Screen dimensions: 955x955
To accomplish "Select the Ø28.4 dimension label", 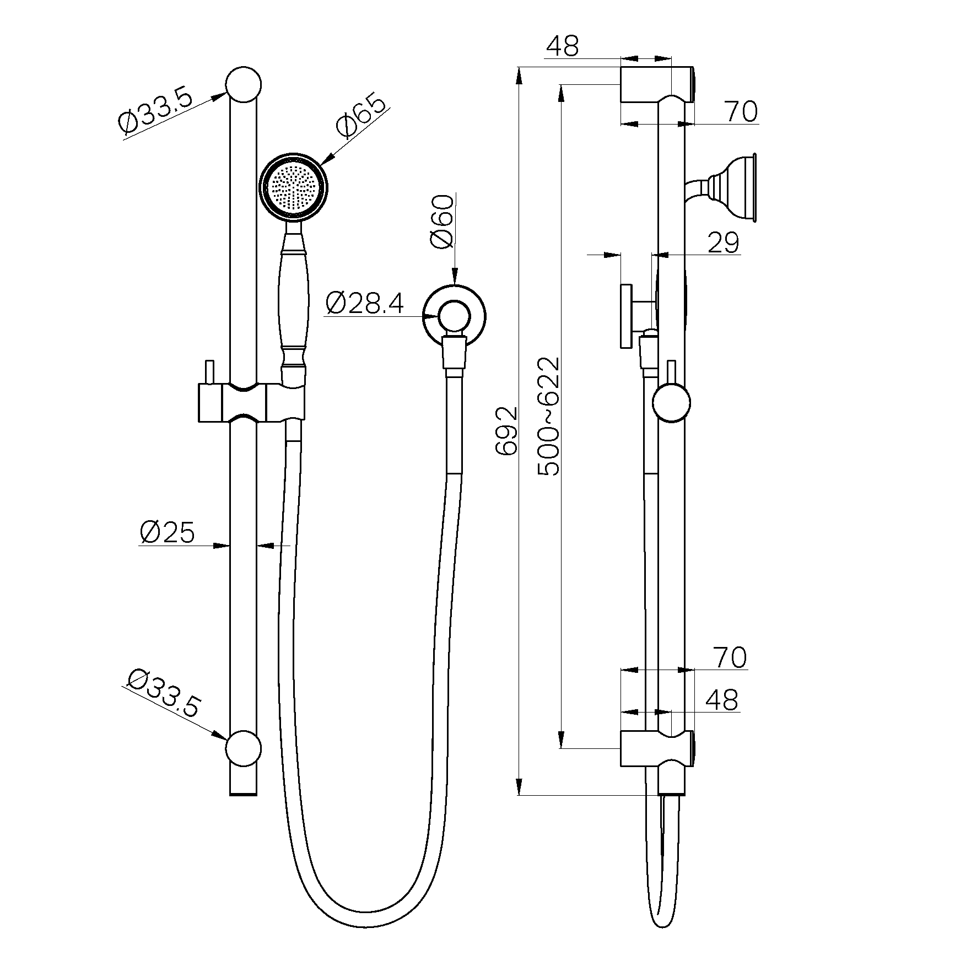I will (364, 304).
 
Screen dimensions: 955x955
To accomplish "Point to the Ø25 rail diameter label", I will (167, 533).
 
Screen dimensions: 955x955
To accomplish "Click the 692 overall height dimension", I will (506, 431).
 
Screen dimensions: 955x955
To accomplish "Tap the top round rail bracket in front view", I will (243, 85).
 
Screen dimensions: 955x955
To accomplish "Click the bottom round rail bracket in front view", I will (243, 748).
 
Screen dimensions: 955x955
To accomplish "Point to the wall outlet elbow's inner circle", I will (454, 319).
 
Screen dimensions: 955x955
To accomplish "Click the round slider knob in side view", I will (671, 404).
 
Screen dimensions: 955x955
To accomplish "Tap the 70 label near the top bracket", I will (741, 112).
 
